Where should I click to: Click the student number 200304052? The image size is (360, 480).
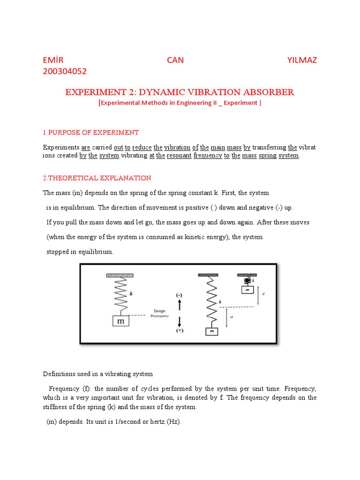point(65,71)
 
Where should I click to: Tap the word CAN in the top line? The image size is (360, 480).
point(176,60)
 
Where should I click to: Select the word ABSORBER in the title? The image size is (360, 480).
point(269,92)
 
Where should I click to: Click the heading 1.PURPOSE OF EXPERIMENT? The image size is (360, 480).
point(91,132)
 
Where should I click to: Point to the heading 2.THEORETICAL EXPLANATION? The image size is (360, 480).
point(97,178)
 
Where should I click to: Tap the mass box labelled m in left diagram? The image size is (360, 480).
point(120,321)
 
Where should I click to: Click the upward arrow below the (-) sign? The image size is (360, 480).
point(180,305)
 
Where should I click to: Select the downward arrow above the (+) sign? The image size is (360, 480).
point(180,322)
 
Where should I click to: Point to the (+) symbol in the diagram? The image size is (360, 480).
point(180,331)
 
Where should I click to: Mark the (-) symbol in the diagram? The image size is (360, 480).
point(180,295)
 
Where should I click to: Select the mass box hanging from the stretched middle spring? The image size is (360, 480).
point(212,331)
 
